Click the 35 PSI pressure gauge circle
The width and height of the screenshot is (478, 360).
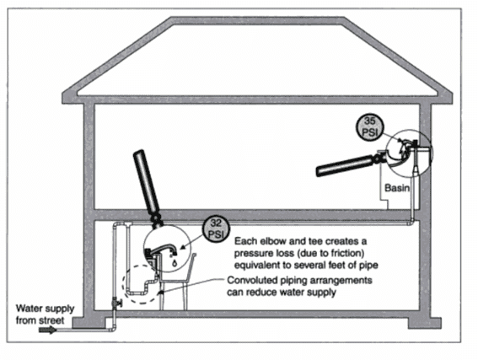(x=370, y=127)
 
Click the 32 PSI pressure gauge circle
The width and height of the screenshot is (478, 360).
(x=216, y=229)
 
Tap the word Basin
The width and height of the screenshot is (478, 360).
(x=396, y=188)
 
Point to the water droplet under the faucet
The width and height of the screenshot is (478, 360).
(x=175, y=262)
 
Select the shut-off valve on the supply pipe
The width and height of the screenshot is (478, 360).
(x=115, y=303)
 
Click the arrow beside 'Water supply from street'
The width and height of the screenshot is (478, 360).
(x=47, y=330)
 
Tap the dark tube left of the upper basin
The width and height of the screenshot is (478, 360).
(x=344, y=166)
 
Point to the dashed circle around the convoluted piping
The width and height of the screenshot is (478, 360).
(x=123, y=283)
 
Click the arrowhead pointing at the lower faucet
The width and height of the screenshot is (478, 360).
(x=183, y=248)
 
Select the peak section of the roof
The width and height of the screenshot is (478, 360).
(x=258, y=21)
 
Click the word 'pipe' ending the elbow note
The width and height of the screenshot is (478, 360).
(x=369, y=266)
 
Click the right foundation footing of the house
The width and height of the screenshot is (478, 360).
(x=425, y=323)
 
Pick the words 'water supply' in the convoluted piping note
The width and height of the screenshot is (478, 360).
(x=308, y=292)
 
